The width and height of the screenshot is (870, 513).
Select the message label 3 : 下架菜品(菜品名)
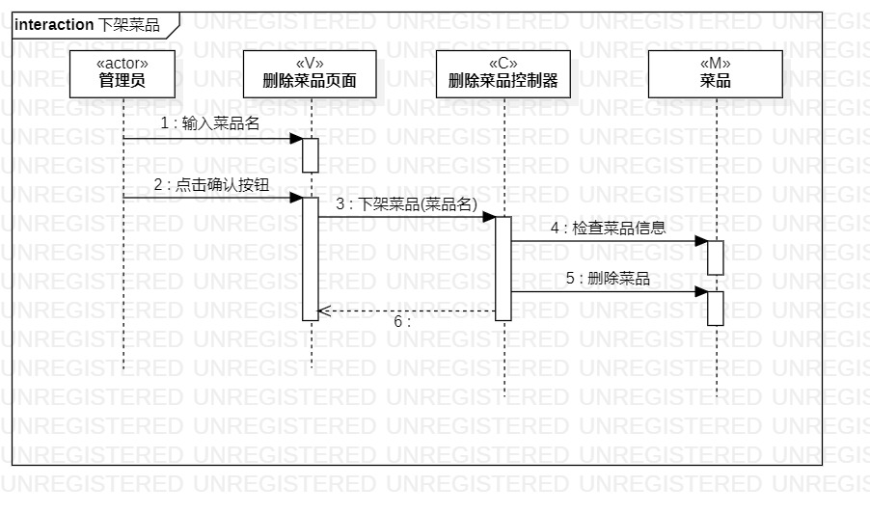click(407, 203)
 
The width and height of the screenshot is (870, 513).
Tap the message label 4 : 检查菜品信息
click(608, 229)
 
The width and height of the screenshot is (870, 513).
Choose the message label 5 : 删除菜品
click(608, 279)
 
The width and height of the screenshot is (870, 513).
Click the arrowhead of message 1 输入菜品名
click(297, 139)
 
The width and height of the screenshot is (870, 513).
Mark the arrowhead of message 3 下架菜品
click(490, 217)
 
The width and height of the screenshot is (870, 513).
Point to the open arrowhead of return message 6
click(323, 310)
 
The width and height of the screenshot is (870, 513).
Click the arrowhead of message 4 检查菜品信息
click(701, 241)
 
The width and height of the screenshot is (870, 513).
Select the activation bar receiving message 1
click(311, 155)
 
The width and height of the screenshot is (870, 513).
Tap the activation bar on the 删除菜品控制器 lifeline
click(503, 267)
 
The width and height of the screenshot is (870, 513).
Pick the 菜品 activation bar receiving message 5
click(716, 308)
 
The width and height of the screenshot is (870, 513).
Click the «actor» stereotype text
click(122, 64)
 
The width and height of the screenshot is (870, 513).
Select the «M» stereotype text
click(715, 64)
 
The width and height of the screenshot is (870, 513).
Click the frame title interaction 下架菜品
click(87, 25)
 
